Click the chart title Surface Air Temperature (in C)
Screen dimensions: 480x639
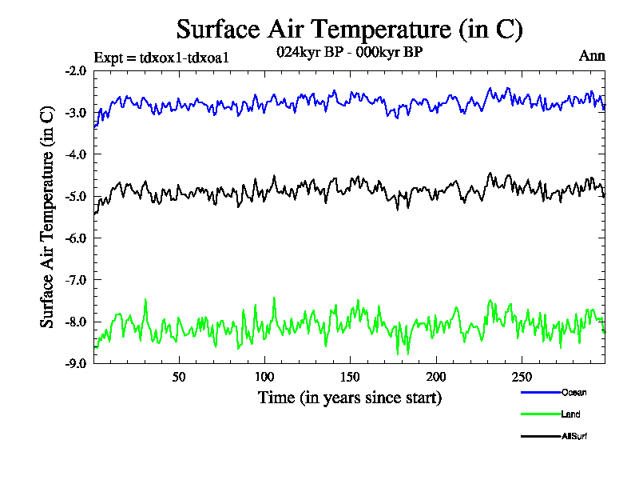(x=349, y=30)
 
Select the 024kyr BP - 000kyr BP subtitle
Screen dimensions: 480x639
(x=349, y=52)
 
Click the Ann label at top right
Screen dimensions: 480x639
(x=591, y=56)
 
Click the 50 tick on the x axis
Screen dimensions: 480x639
(x=179, y=377)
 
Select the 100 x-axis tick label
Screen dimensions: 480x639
(x=264, y=377)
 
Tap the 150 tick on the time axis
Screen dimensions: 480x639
(x=350, y=377)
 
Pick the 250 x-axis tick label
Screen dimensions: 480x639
(x=521, y=377)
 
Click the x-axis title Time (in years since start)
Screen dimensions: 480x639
(x=349, y=398)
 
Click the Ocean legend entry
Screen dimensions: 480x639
(x=574, y=392)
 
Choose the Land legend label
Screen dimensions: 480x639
(x=570, y=414)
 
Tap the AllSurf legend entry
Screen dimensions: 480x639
(x=574, y=437)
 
